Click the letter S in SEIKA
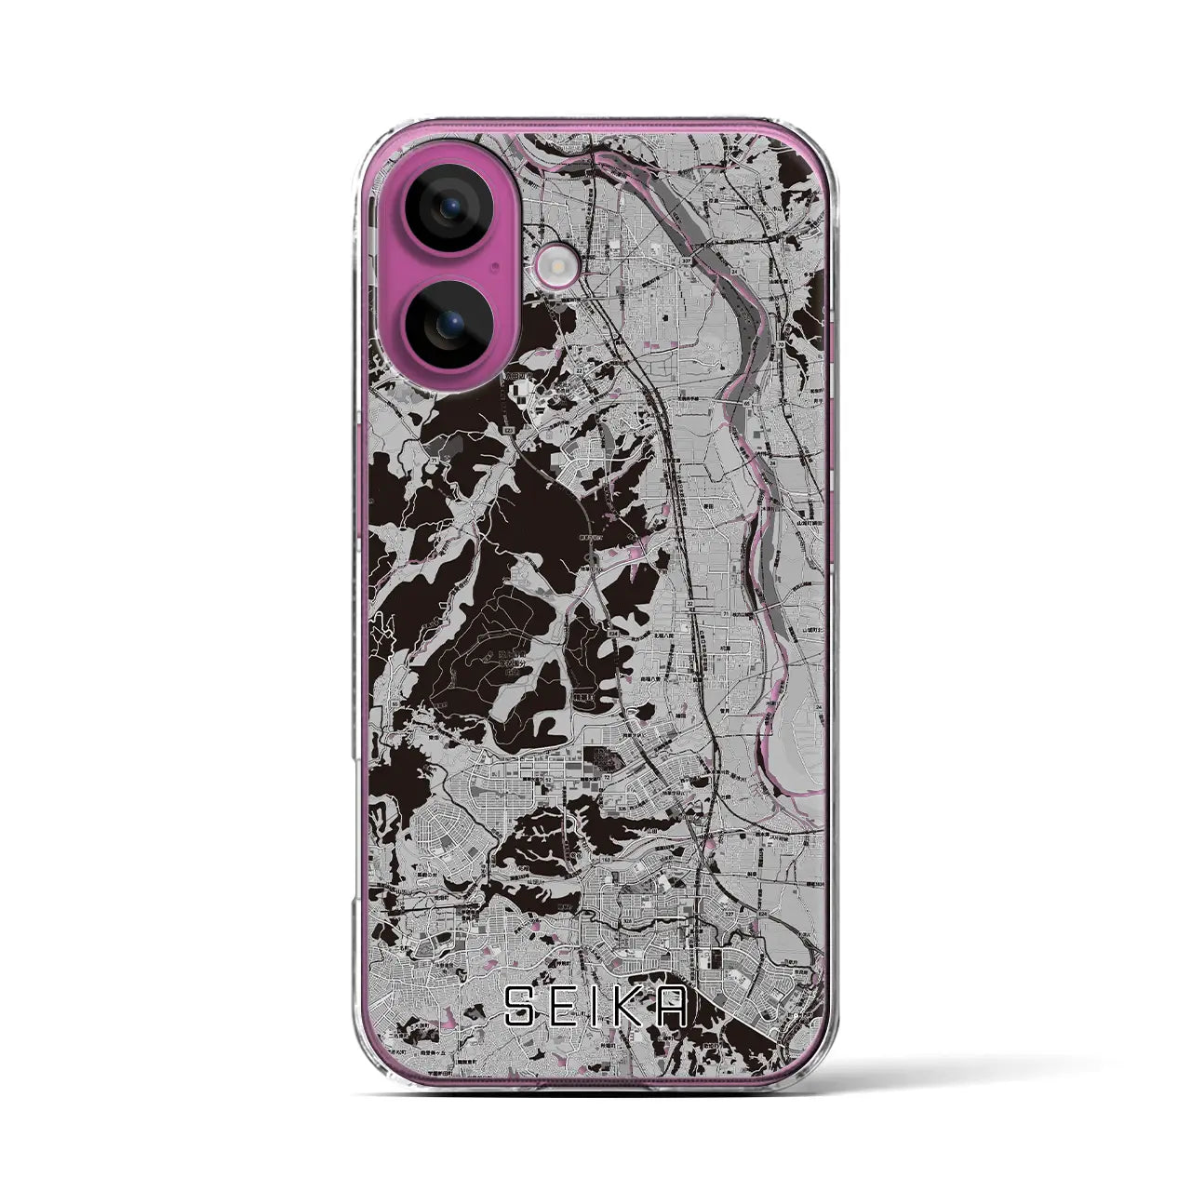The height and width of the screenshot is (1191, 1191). (x=518, y=1006)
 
